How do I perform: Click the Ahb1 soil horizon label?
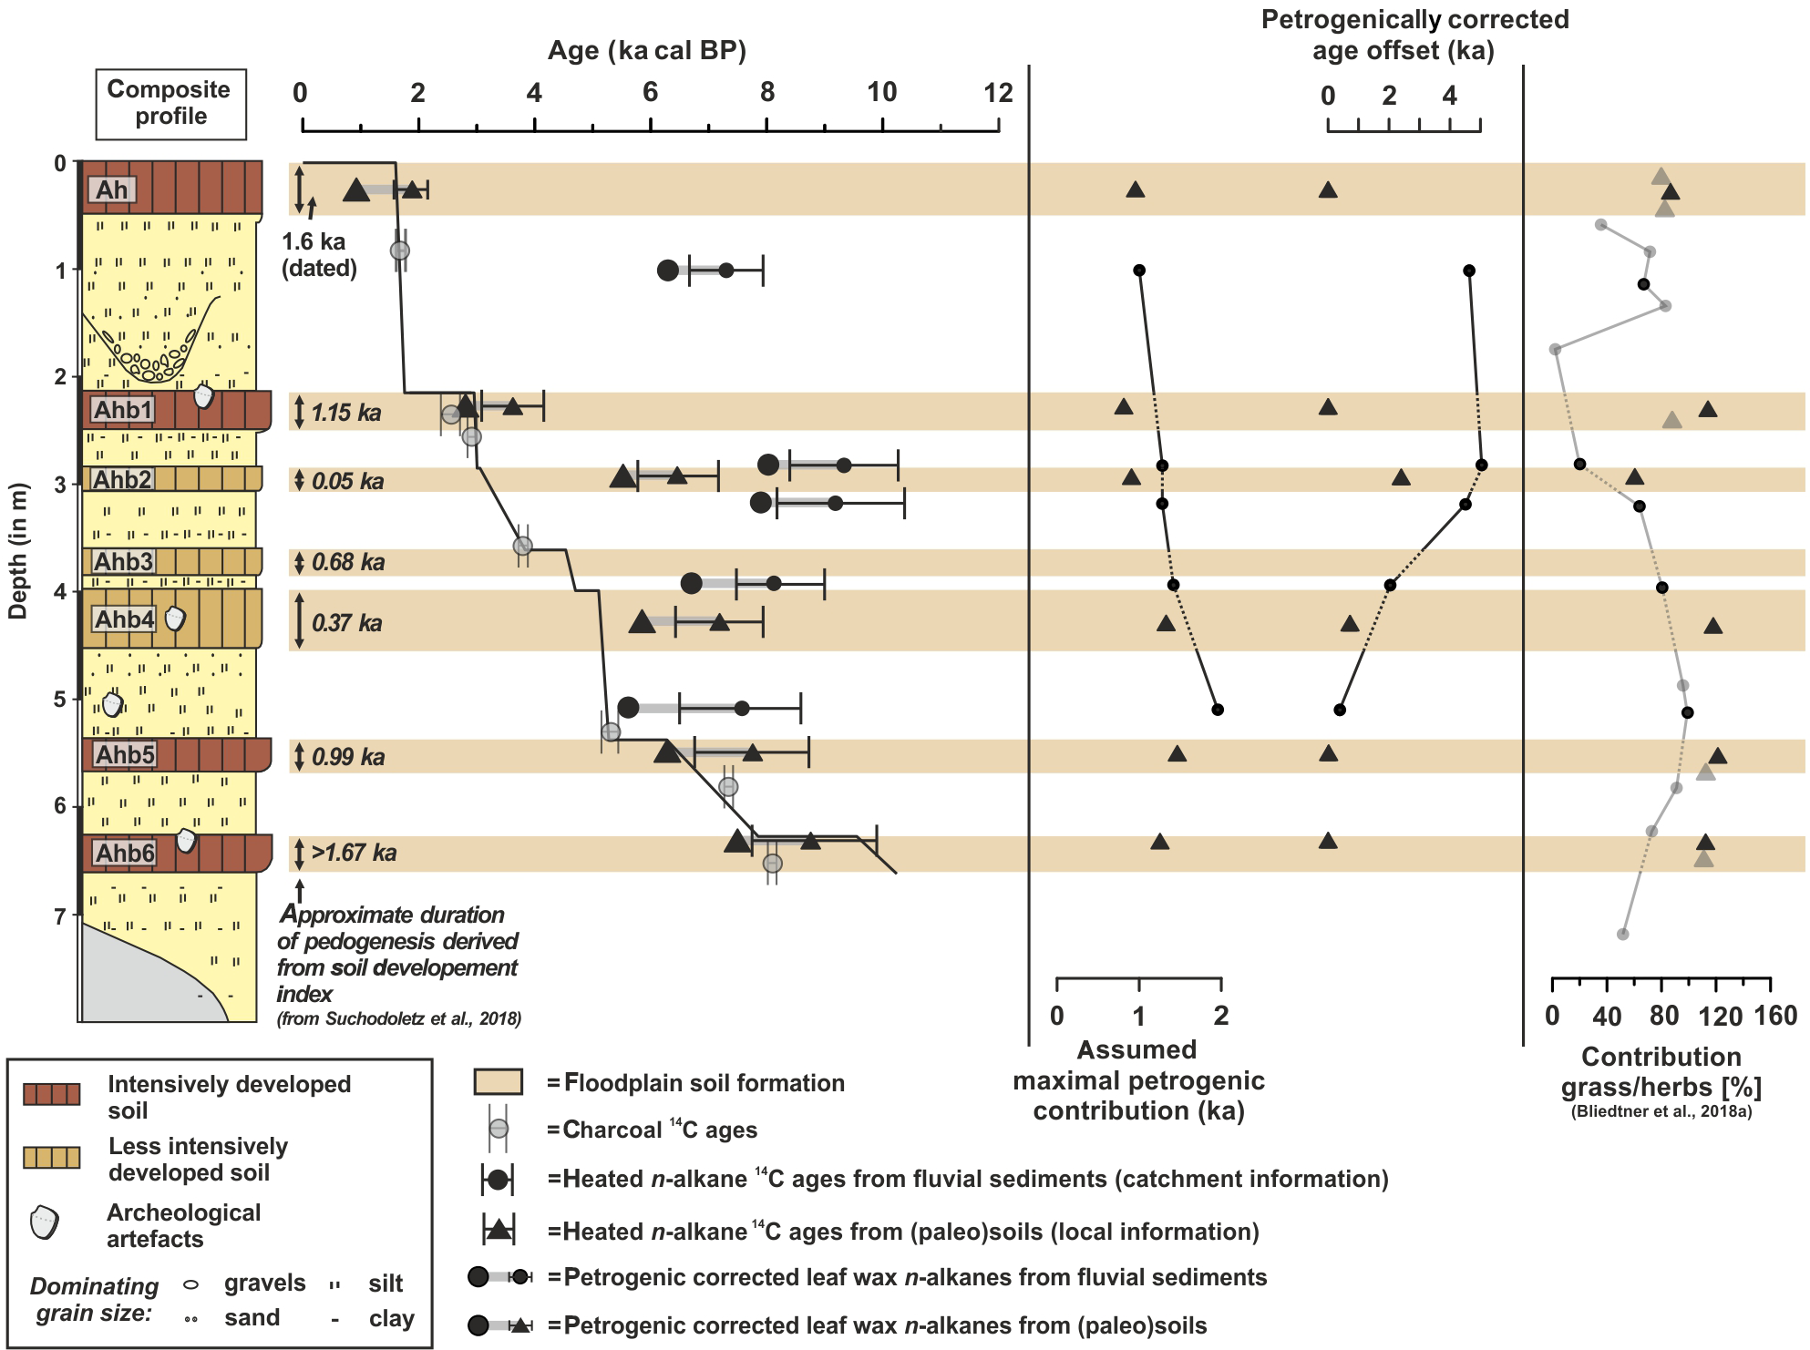pyautogui.click(x=123, y=410)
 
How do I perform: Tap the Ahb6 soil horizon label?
pyautogui.click(x=125, y=854)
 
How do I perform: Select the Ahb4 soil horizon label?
pyautogui.click(x=125, y=620)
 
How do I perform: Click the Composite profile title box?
pyautogui.click(x=170, y=103)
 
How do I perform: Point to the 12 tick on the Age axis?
pyautogui.click(x=999, y=94)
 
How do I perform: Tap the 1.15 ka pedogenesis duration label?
pyautogui.click(x=345, y=413)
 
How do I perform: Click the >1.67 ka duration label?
pyautogui.click(x=354, y=854)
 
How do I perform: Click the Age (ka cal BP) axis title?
pyautogui.click(x=646, y=51)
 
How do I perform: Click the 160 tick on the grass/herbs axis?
pyautogui.click(x=1775, y=1015)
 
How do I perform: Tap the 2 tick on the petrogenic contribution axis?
pyautogui.click(x=1221, y=1015)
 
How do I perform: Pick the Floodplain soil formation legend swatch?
pyautogui.click(x=498, y=1082)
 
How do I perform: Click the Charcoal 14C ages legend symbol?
pyautogui.click(x=499, y=1130)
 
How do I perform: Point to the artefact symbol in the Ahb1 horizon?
pyautogui.click(x=204, y=396)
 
